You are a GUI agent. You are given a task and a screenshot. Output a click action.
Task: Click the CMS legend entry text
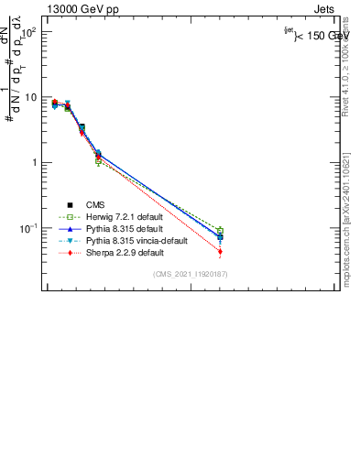tap(96, 205)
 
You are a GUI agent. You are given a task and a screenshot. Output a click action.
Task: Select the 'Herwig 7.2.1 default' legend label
tap(125, 217)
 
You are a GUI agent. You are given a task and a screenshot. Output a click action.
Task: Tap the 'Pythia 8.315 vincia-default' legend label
tap(136, 241)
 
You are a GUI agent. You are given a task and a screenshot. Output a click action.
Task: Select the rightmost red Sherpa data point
tap(220, 252)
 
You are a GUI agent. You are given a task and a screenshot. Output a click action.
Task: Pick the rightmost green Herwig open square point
tap(220, 231)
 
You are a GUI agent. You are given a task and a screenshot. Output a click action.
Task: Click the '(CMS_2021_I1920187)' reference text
tap(191, 274)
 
